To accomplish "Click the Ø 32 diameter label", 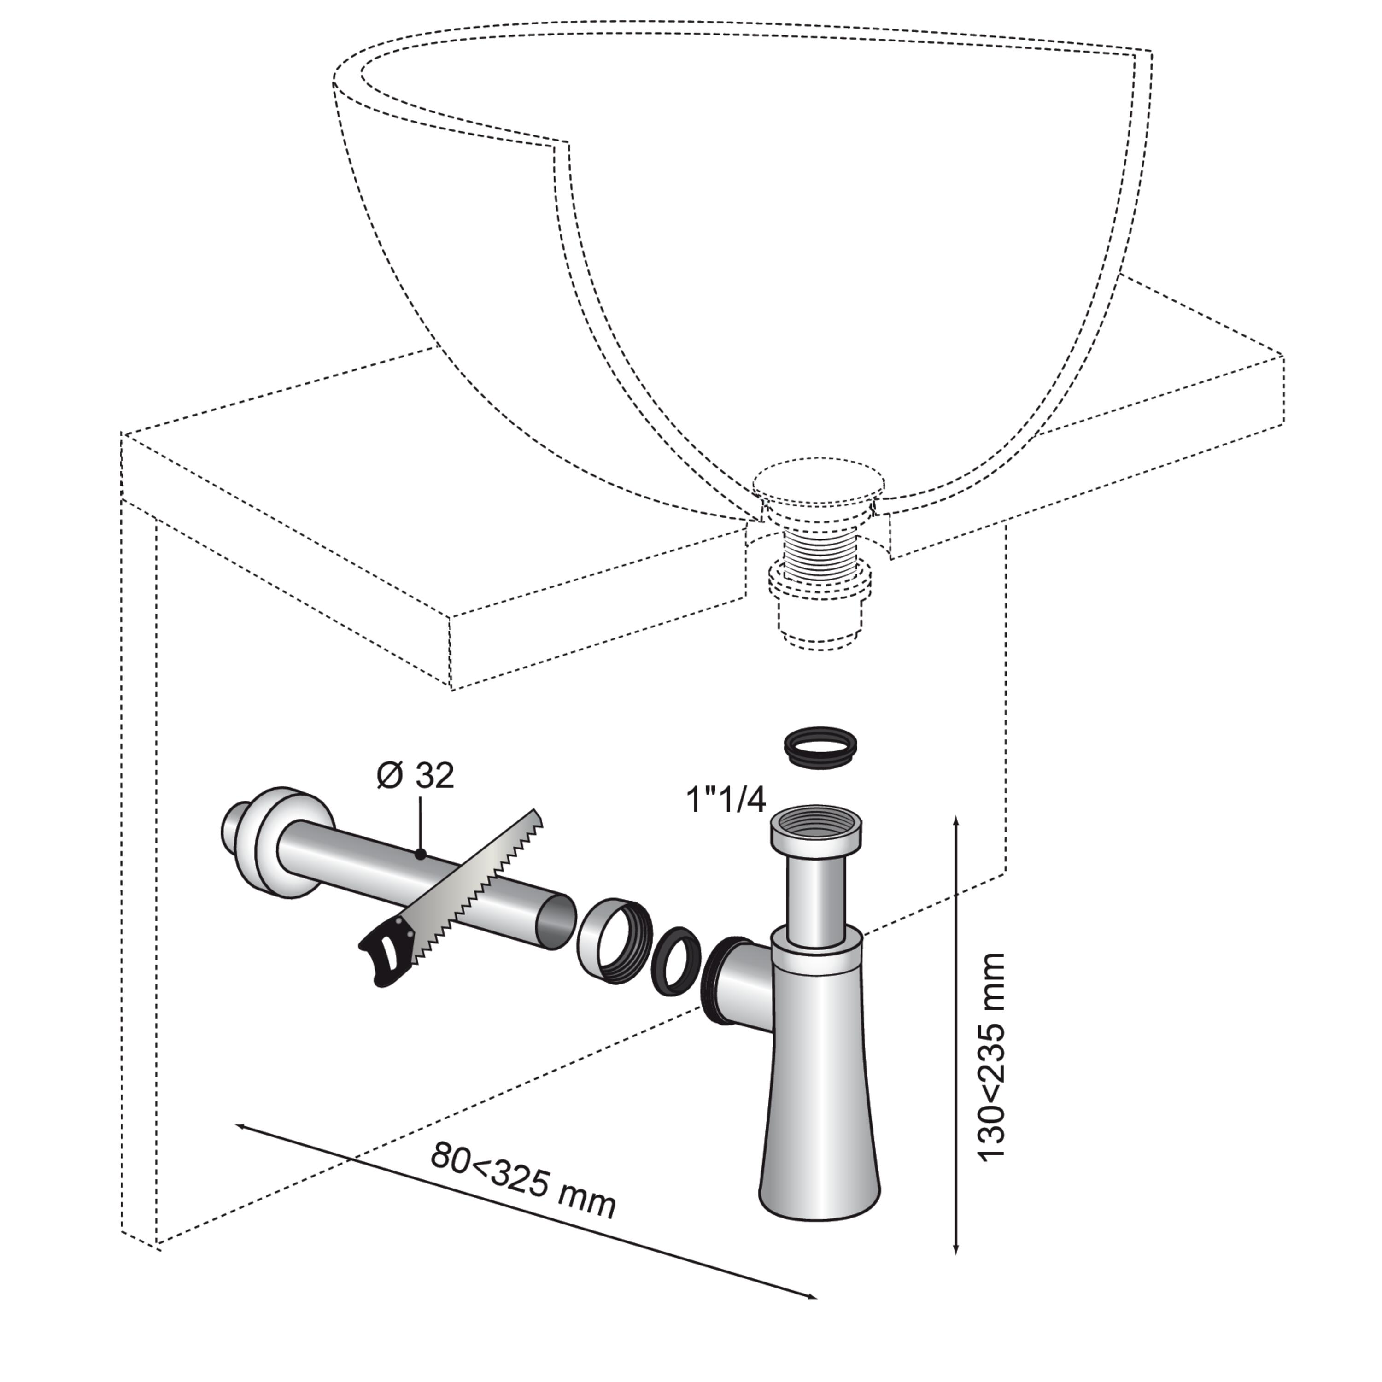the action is click(416, 776).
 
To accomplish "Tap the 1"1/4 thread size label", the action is click(726, 800).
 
